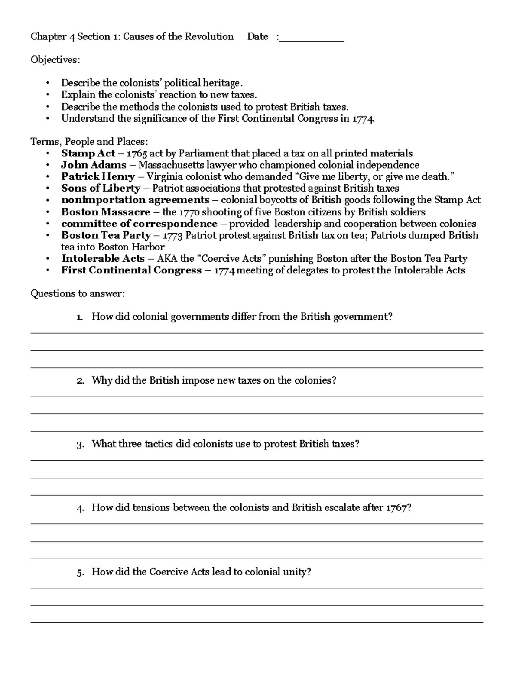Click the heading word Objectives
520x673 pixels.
click(x=55, y=60)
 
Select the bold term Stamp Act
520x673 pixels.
click(x=88, y=153)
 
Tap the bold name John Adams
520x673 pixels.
click(x=94, y=165)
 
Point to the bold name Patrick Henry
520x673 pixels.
click(x=98, y=177)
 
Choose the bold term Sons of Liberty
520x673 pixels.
click(x=101, y=189)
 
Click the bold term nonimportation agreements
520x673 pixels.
click(x=135, y=200)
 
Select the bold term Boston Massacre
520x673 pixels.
click(x=105, y=212)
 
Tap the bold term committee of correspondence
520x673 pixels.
click(x=139, y=224)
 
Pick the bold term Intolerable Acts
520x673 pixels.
click(x=103, y=259)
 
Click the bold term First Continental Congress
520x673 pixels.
click(x=131, y=270)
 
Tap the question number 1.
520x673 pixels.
click(x=79, y=317)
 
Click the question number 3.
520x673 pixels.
click(x=79, y=445)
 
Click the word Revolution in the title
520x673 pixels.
click(x=209, y=36)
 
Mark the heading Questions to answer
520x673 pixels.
click(x=77, y=294)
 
